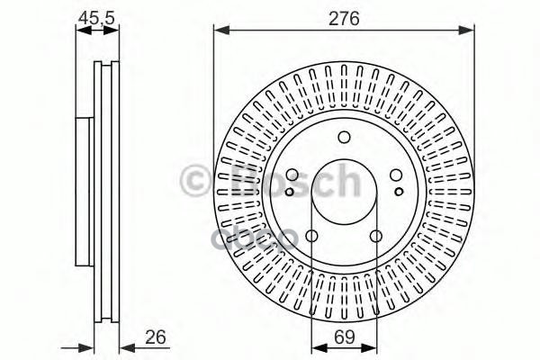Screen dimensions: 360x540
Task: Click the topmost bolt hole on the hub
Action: tap(343, 138)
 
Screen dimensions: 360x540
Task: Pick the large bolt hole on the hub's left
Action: tap(291, 176)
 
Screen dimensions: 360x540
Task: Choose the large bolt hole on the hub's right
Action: tap(396, 176)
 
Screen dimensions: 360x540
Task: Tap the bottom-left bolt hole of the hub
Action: tap(311, 237)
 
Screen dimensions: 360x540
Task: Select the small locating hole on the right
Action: tap(399, 191)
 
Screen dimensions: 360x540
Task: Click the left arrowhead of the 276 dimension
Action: tap(219, 31)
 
